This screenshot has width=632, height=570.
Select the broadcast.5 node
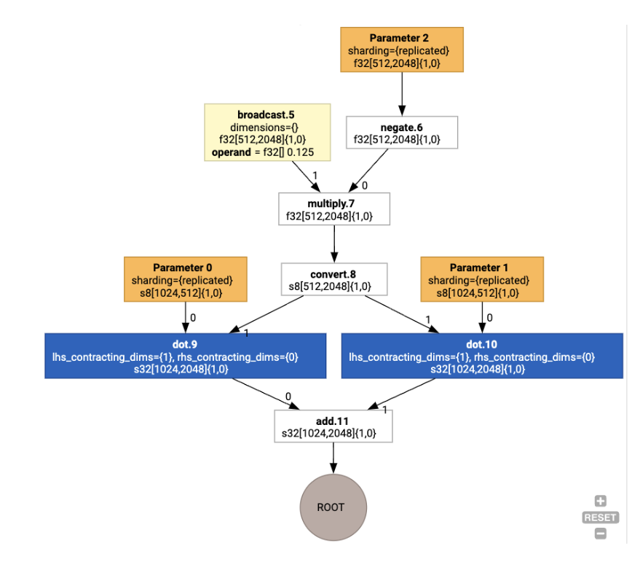point(266,132)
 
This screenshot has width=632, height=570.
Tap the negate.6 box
point(401,132)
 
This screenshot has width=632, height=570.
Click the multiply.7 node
point(334,208)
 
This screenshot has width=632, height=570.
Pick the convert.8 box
point(334,278)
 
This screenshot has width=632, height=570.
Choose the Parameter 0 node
point(185,279)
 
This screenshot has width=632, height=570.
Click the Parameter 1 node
point(481,279)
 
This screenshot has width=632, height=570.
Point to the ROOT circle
point(333,507)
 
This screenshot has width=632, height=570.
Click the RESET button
point(600,517)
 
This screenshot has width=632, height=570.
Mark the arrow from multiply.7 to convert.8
point(334,243)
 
